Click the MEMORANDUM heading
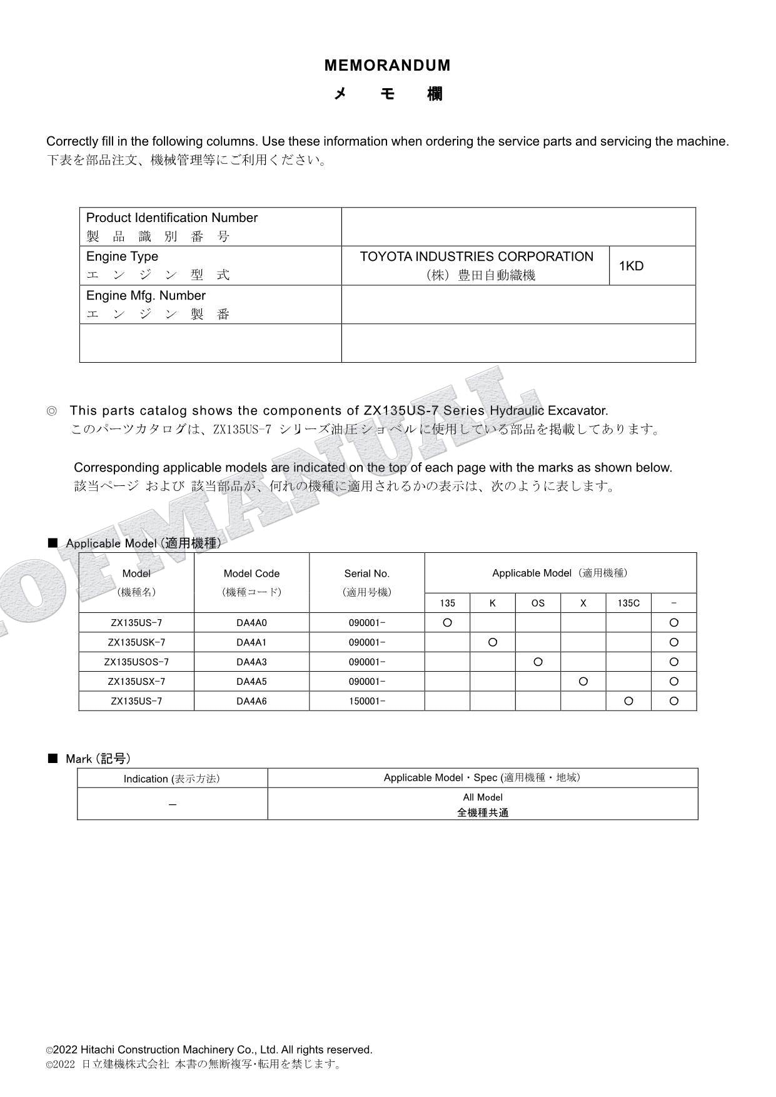pos(387,66)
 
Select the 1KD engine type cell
pos(631,266)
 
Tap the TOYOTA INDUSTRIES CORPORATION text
pos(476,257)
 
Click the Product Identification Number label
pos(172,218)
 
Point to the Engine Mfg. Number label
pos(146,296)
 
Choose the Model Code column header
pos(251,574)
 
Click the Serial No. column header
pos(366,574)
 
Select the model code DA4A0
pos(251,623)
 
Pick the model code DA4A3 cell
pos(251,662)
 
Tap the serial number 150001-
pos(366,701)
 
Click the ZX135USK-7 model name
pos(136,642)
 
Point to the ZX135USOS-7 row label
pos(136,662)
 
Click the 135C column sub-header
pos(628,604)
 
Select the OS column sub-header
pos(538,604)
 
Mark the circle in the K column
pos(493,642)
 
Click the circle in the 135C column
pos(628,701)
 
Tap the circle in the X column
pos(583,682)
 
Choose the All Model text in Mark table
pos(483,797)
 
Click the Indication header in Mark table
pos(171,779)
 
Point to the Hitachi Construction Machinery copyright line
pos(209,1050)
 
